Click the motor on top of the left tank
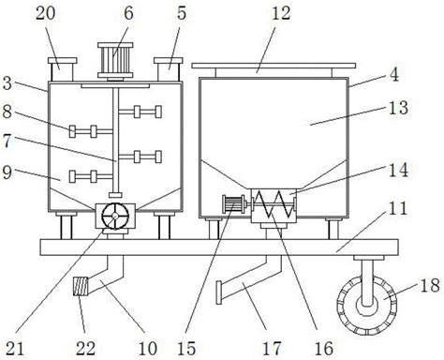[115, 60]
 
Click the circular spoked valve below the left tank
[115, 216]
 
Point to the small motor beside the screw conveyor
[233, 204]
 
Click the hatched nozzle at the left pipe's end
[81, 286]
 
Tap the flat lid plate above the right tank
[274, 66]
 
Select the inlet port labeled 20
[62, 68]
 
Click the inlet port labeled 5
[168, 68]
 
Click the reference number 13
[398, 108]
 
